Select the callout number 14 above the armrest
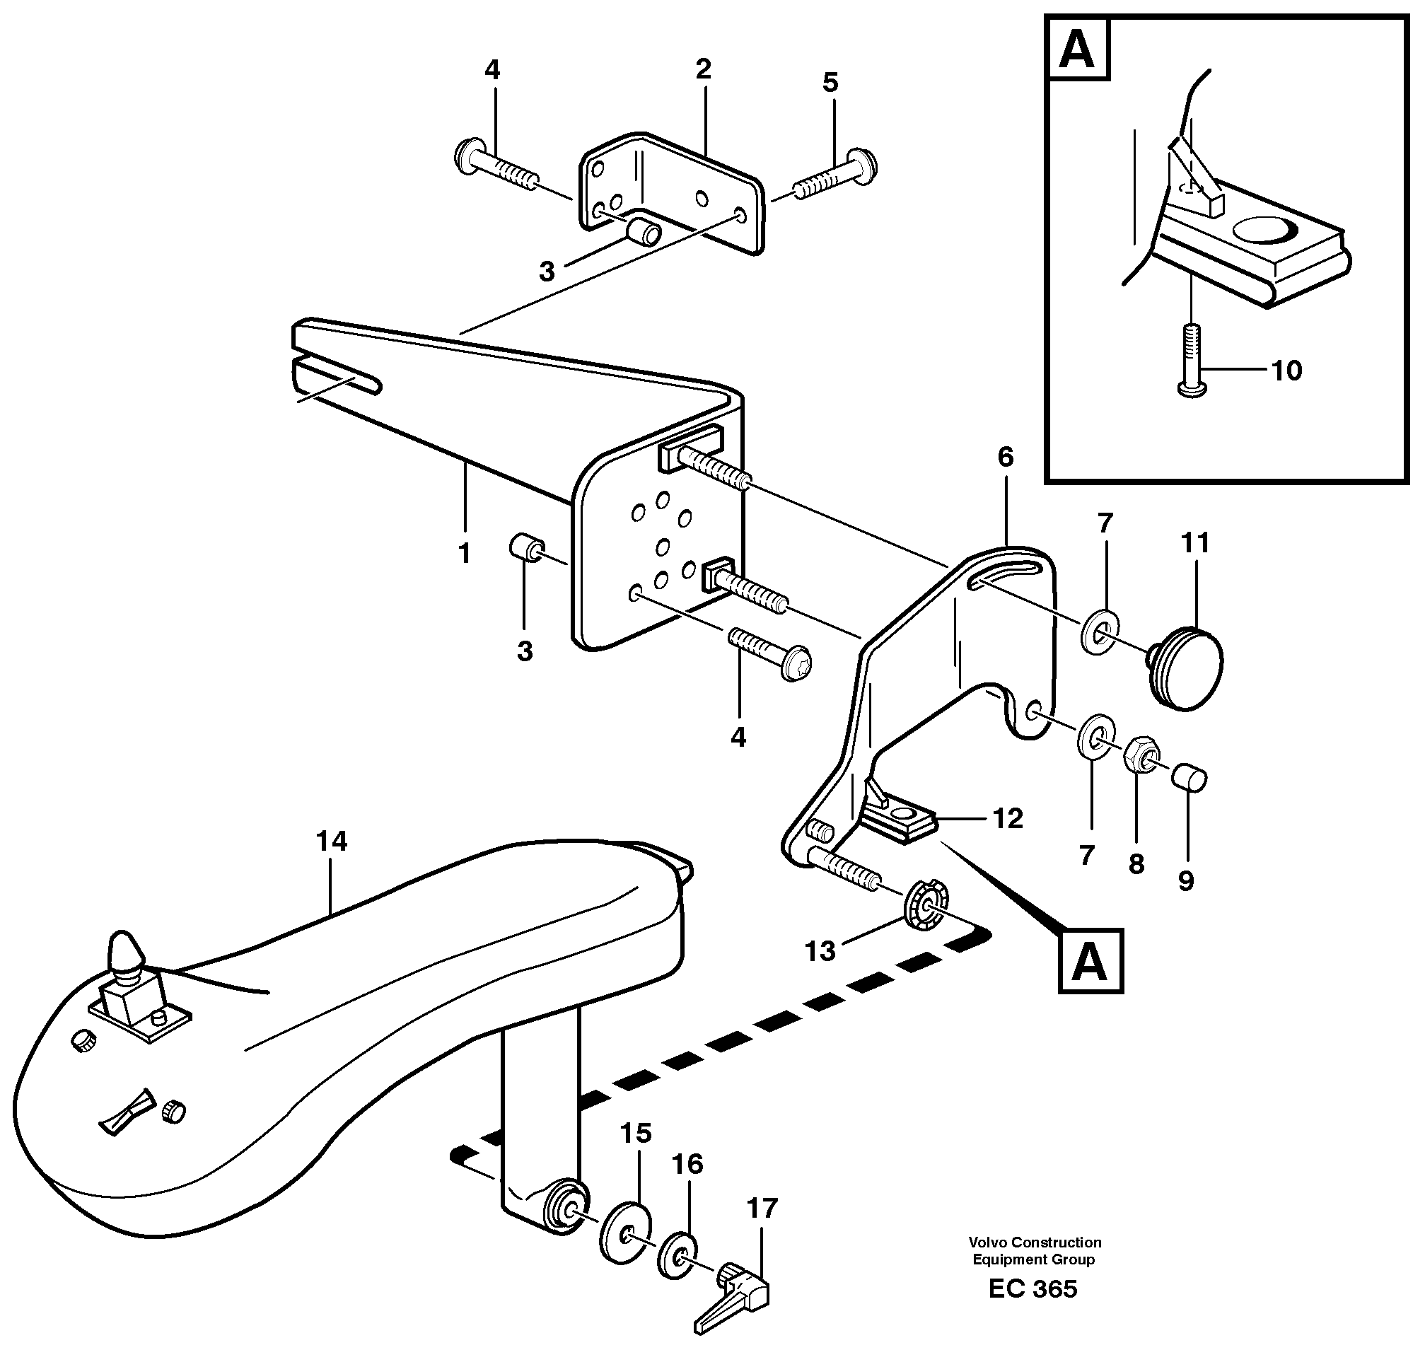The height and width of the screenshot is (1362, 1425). pos(332,842)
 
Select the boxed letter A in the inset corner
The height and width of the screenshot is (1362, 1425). pos(1077,50)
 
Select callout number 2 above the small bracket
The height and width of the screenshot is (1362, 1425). pos(702,71)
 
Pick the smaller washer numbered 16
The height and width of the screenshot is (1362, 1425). pos(677,1255)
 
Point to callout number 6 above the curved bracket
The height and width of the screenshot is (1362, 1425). pos(1006,458)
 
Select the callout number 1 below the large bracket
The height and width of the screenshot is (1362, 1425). pos(465,554)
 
